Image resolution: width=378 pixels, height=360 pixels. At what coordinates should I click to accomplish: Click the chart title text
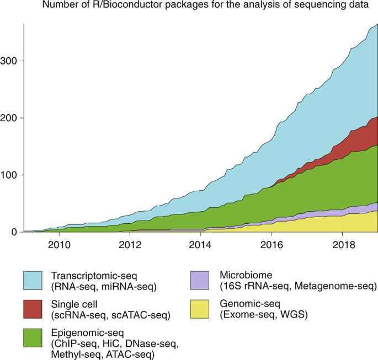point(204,7)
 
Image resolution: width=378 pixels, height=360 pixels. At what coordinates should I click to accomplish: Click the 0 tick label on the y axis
point(15,233)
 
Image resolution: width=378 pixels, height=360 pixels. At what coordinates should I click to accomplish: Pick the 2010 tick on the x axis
point(58,244)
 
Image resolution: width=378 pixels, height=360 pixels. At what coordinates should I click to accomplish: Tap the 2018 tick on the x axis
point(343,244)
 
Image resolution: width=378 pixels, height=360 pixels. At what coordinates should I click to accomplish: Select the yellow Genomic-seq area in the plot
point(353,223)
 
